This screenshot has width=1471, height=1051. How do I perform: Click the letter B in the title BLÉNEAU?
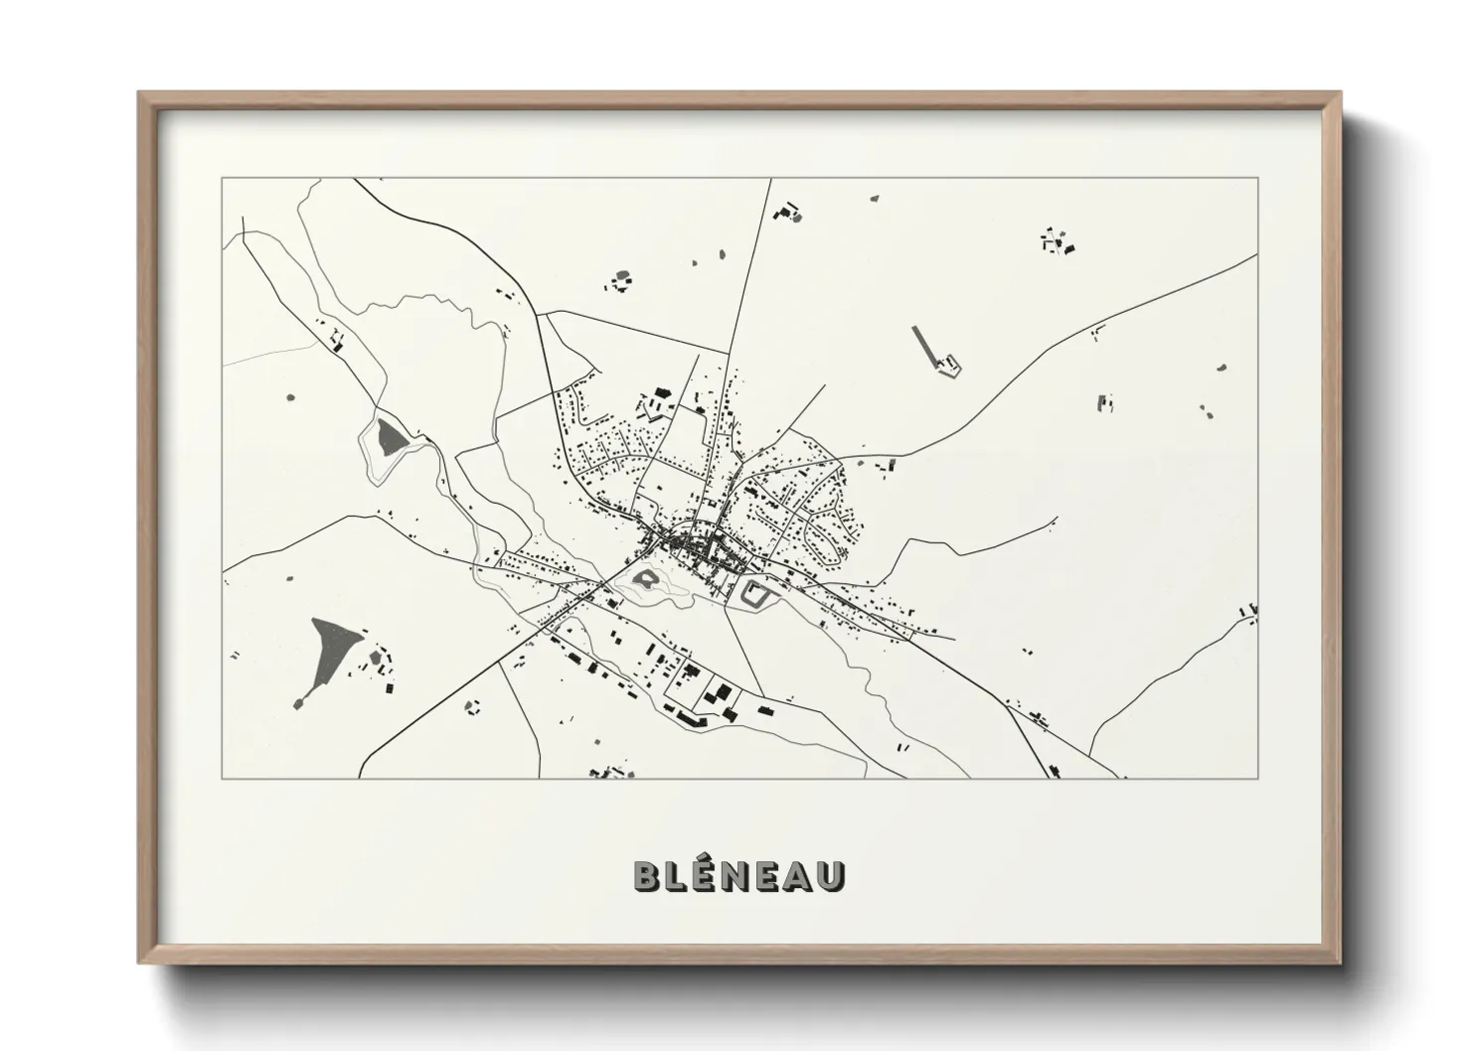(x=646, y=875)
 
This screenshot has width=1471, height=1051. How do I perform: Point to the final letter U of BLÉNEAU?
(x=833, y=875)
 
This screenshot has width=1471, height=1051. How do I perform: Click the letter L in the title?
(x=678, y=875)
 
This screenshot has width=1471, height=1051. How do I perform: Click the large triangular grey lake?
(x=328, y=651)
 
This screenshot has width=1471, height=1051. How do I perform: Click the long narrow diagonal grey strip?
(x=924, y=342)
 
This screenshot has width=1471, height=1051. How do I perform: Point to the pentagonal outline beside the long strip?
(x=950, y=366)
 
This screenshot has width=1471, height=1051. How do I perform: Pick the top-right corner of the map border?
(x=1258, y=179)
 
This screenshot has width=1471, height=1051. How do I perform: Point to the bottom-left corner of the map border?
(x=223, y=778)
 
